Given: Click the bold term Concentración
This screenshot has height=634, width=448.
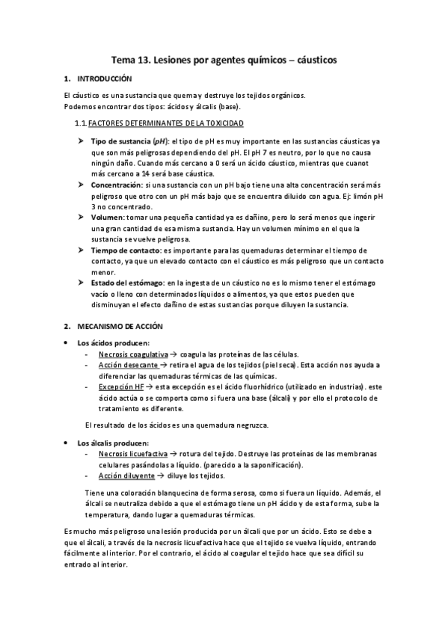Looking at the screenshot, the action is [x=116, y=184].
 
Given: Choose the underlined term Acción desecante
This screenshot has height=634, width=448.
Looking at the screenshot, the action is [x=128, y=365].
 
